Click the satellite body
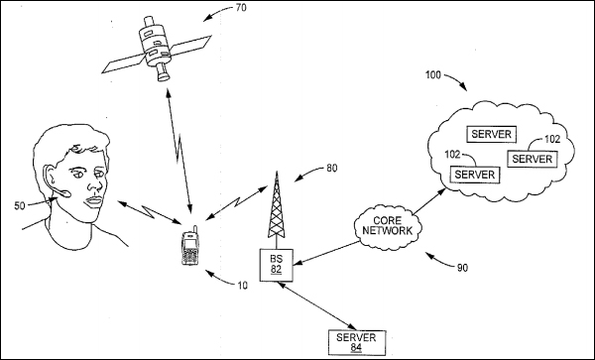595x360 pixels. (155, 48)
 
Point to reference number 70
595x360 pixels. (241, 7)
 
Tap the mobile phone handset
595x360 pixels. (190, 246)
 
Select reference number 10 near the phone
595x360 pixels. (242, 286)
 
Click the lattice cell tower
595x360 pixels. (277, 205)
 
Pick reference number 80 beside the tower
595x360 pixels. (331, 168)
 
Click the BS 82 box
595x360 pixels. (277, 265)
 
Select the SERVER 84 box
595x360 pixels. (357, 342)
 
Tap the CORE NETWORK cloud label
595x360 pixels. (388, 226)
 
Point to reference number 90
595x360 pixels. (462, 268)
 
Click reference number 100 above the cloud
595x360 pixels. (433, 75)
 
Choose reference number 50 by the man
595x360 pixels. (20, 206)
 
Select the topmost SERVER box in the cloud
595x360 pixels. (492, 134)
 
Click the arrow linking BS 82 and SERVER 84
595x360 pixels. (317, 305)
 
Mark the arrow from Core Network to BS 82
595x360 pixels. (327, 253)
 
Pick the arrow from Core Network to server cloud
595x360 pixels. (429, 201)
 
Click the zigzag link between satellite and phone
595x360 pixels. (178, 150)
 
